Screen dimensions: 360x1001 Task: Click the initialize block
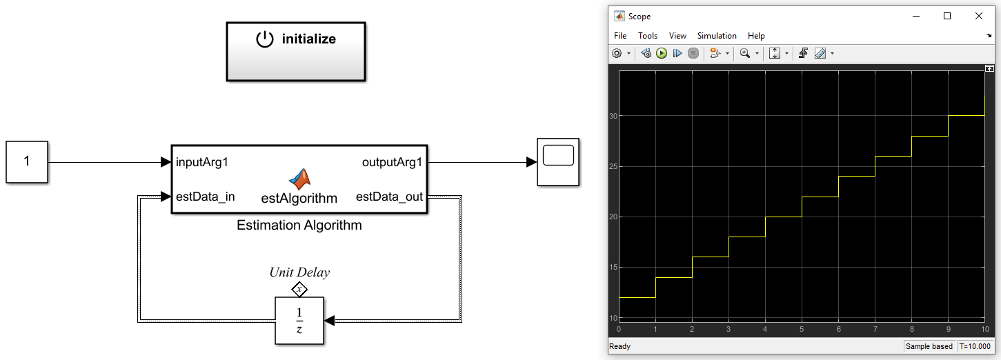[296, 51]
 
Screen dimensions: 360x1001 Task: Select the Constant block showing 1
[27, 162]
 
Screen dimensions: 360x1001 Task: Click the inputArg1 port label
[202, 163]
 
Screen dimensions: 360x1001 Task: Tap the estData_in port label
[206, 197]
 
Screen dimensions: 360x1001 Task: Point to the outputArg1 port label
[392, 163]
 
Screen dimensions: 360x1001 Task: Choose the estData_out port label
[389, 197]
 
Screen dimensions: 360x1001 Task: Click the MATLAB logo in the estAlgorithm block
[299, 179]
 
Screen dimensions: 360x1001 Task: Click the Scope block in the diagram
[558, 162]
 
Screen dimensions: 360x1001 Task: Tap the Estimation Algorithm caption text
[299, 225]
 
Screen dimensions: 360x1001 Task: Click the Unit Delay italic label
[299, 272]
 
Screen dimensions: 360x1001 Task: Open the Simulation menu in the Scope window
[717, 36]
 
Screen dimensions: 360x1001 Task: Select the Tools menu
[648, 36]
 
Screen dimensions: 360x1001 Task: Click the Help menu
[756, 36]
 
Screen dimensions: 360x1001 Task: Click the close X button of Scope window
[978, 16]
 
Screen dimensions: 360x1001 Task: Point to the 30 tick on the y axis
[613, 116]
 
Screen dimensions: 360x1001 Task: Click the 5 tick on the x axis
[802, 329]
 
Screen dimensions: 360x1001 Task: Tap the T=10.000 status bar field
[975, 347]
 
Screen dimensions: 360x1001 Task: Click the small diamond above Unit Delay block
[299, 288]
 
